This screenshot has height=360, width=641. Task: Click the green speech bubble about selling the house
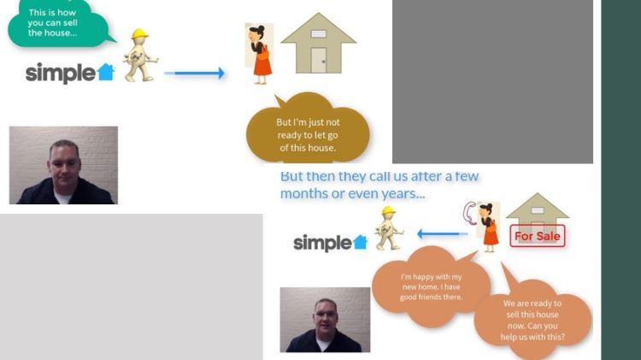(57, 23)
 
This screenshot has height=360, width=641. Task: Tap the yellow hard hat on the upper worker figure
(140, 33)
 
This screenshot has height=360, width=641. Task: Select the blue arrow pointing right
(195, 74)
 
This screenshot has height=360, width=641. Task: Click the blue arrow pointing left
(443, 234)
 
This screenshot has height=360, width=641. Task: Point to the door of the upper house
(319, 60)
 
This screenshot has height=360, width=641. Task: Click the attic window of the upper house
(319, 33)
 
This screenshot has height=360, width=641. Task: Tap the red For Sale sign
(538, 236)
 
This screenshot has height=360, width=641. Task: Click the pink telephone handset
(469, 213)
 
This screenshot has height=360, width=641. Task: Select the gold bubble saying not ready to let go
(308, 130)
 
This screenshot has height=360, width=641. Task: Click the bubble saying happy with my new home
(431, 286)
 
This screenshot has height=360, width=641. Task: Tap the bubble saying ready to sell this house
(532, 318)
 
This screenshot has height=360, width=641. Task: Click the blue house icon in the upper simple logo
(106, 72)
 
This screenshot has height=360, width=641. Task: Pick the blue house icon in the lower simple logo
(360, 242)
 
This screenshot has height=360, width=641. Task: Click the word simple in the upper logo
(61, 74)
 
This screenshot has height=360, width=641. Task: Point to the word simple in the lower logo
(322, 243)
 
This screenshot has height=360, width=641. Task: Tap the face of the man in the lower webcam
(326, 318)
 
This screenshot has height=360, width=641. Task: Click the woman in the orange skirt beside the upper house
(260, 55)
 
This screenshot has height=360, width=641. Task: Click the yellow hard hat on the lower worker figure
(388, 210)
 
